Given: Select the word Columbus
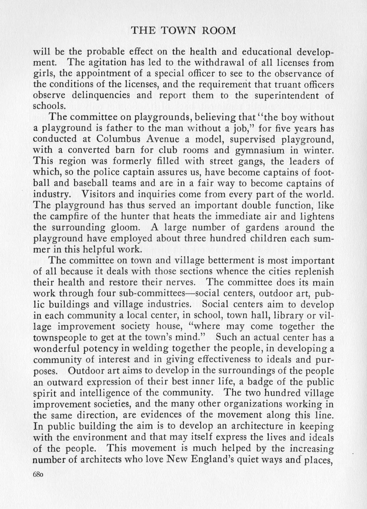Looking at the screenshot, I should point(120,139).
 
